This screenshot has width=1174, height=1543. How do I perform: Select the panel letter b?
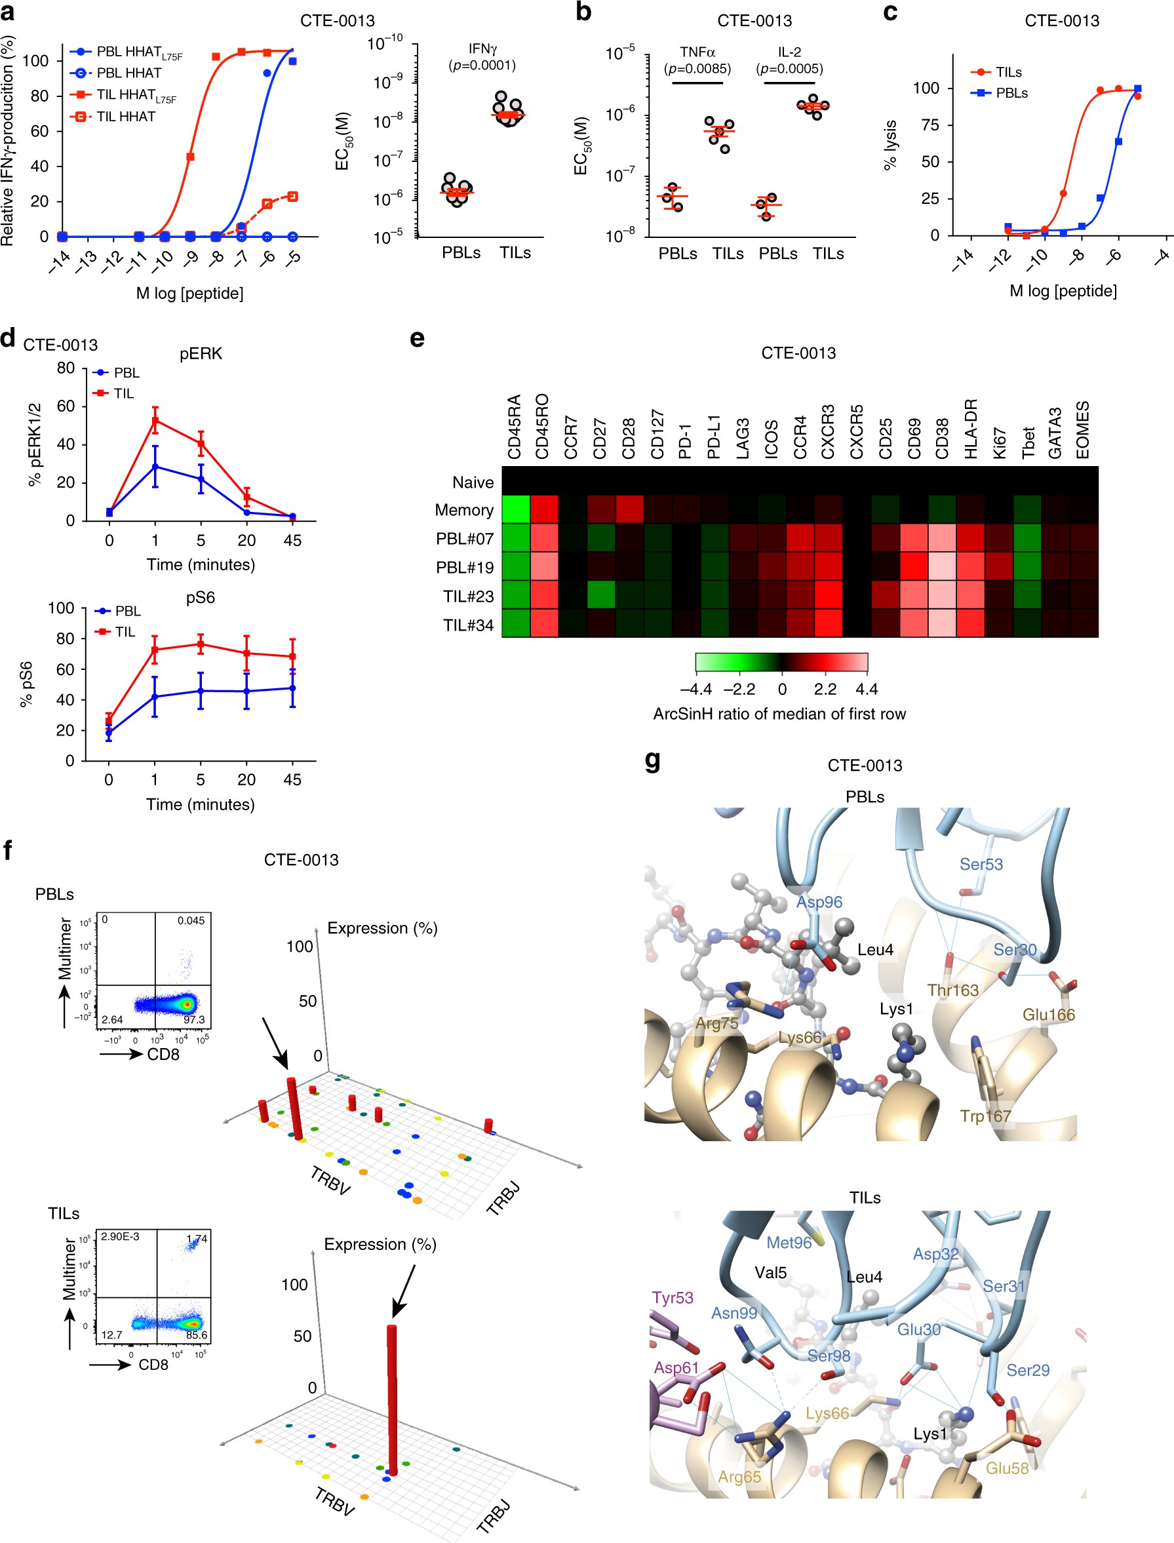pyautogui.click(x=583, y=12)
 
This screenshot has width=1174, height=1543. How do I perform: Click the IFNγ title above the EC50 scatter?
pyautogui.click(x=482, y=49)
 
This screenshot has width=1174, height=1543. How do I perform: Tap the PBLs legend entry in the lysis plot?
pyautogui.click(x=1011, y=93)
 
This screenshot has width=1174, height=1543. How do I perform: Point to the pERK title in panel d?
pyautogui.click(x=201, y=353)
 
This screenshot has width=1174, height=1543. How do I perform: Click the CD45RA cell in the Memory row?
pyautogui.click(x=516, y=509)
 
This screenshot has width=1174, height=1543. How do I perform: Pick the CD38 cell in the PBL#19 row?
pyautogui.click(x=942, y=567)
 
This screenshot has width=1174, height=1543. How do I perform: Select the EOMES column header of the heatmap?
pyautogui.click(x=1082, y=429)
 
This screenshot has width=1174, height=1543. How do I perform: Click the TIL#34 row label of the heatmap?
pyautogui.click(x=468, y=625)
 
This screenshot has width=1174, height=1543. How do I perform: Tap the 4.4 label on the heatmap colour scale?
pyautogui.click(x=867, y=689)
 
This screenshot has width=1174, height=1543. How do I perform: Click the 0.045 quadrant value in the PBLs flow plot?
pyautogui.click(x=191, y=920)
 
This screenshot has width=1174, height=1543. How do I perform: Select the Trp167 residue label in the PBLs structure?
pyautogui.click(x=985, y=1116)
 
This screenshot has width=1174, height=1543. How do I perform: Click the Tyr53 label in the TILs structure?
pyautogui.click(x=673, y=1298)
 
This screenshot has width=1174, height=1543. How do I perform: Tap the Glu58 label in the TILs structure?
pyautogui.click(x=1007, y=1468)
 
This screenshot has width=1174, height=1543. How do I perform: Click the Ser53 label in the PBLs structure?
pyautogui.click(x=981, y=865)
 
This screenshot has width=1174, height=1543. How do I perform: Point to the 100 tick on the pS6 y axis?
pyautogui.click(x=61, y=608)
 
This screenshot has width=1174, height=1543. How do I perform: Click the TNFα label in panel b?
pyautogui.click(x=697, y=52)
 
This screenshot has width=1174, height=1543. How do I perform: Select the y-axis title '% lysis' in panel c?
pyautogui.click(x=890, y=145)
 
